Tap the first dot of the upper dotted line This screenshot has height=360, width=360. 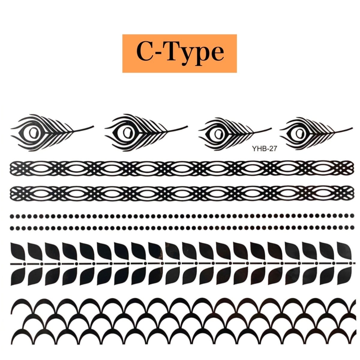click(12, 215)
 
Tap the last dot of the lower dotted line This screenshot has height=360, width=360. click(349, 228)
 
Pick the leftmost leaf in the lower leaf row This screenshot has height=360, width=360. click(17, 276)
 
